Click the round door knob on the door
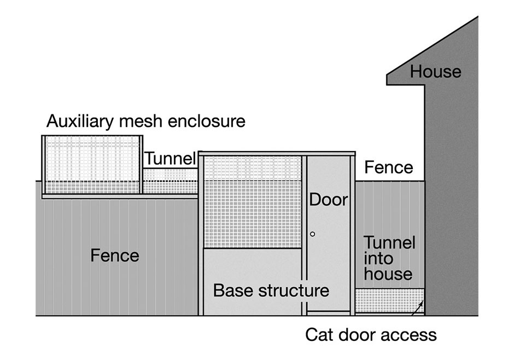(x=312, y=234)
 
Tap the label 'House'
(x=435, y=71)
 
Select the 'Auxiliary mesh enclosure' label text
(x=145, y=121)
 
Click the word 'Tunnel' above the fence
(x=170, y=159)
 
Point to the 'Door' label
(x=329, y=200)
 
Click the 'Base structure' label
(x=271, y=290)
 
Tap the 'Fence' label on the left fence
(x=115, y=256)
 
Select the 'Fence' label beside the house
(x=388, y=167)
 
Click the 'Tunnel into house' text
(x=389, y=258)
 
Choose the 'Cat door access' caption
(x=371, y=334)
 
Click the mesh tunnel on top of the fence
(x=170, y=181)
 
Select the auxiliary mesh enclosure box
(x=92, y=164)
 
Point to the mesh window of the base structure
(x=252, y=202)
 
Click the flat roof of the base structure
(x=277, y=154)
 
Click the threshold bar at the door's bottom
(x=328, y=312)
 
